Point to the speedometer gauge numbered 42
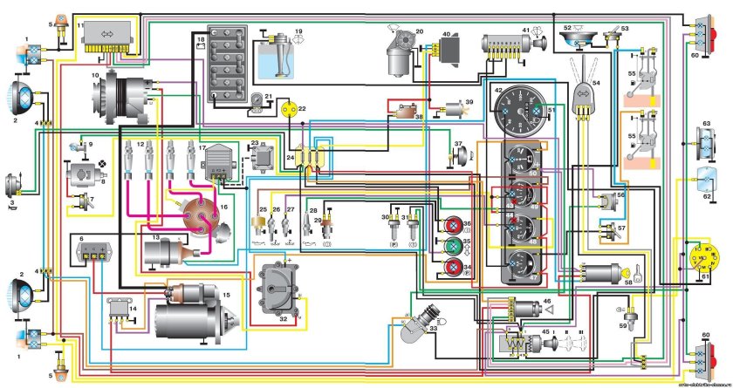point(519,110)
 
